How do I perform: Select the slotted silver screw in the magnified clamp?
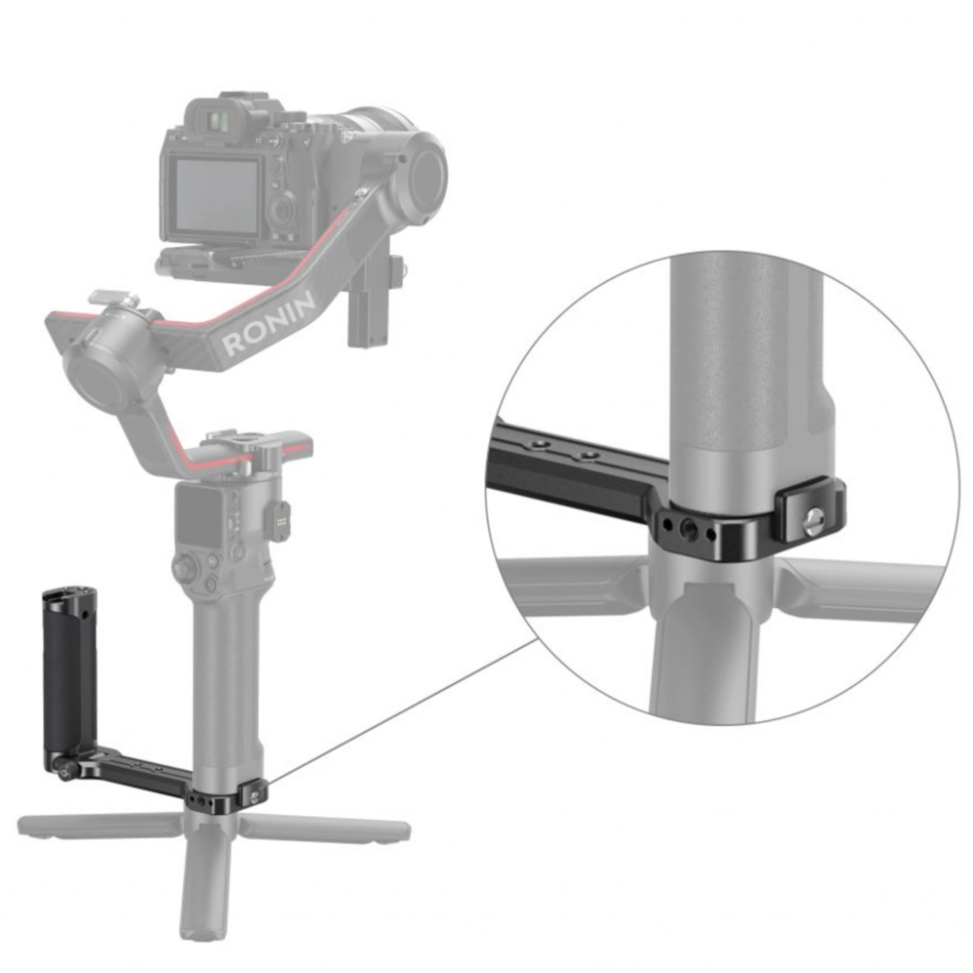tap(814, 518)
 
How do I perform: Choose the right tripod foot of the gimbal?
tap(326, 829)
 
